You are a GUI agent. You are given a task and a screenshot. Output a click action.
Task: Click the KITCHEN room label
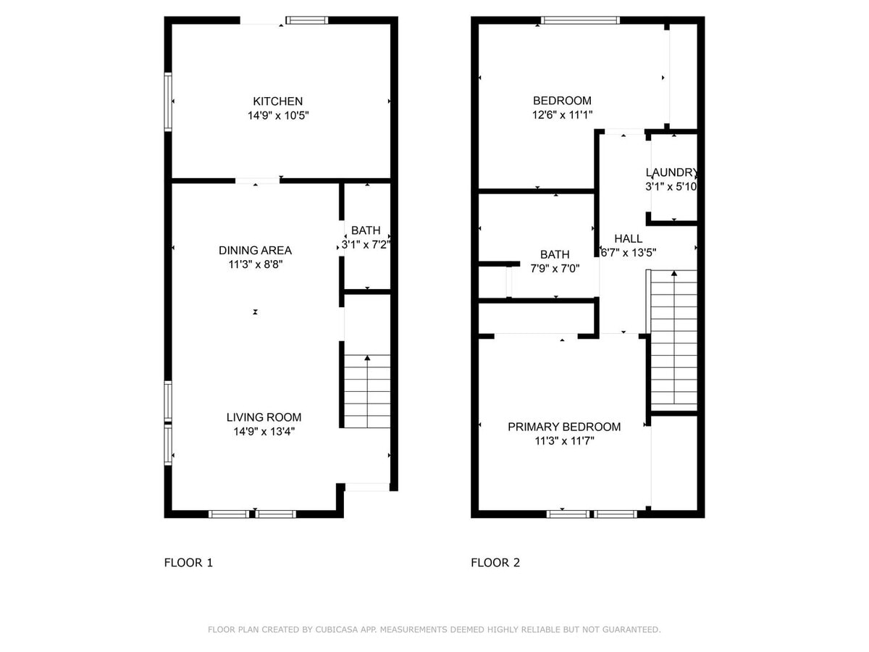277,101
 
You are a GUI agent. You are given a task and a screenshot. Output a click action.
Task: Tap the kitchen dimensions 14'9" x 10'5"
278,115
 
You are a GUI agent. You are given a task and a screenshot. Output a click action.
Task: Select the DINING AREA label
255,251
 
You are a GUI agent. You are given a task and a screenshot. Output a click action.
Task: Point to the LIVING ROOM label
264,417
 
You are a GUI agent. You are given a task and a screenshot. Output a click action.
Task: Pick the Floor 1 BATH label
366,230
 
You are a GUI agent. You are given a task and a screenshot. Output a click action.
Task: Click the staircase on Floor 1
367,391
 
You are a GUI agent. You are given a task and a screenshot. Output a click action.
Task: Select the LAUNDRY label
672,172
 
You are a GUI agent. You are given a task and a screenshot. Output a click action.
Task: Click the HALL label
628,238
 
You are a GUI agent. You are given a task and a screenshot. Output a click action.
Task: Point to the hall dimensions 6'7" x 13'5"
628,252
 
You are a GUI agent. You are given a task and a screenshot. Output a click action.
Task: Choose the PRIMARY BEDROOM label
564,427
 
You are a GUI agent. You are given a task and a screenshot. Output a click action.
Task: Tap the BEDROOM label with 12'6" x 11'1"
562,101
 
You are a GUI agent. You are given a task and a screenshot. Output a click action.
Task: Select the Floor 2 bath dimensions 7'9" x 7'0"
555,268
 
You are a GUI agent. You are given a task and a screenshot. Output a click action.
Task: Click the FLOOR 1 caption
188,562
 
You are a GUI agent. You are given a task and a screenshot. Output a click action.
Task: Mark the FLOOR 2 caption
495,562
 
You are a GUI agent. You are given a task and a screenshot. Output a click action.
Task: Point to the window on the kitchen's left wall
168,101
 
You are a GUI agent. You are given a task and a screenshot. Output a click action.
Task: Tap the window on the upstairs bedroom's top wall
581,20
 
